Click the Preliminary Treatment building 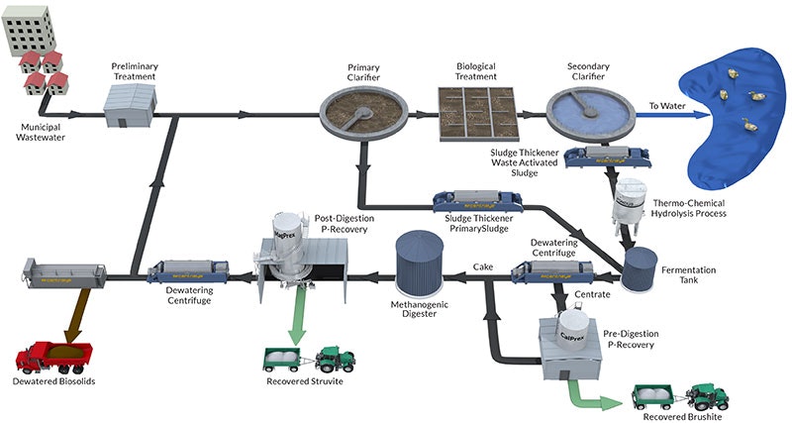tap(134, 100)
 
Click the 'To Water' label tap(665, 104)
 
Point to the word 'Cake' tap(483, 266)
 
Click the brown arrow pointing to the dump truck tap(68, 317)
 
